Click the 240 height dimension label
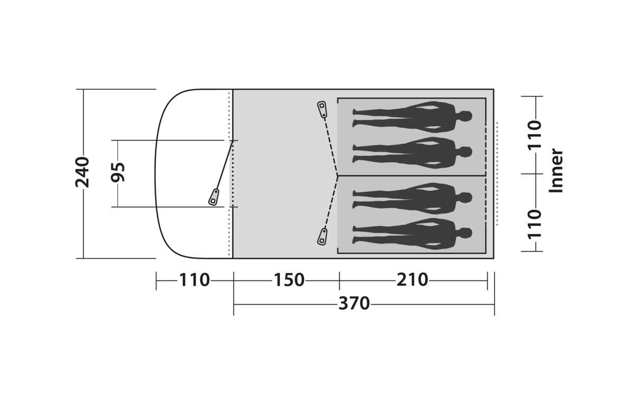(x=82, y=172)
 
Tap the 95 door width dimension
(x=118, y=172)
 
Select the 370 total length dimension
(x=354, y=304)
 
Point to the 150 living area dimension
(x=289, y=280)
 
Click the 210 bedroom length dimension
(x=413, y=280)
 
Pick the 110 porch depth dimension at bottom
(x=194, y=280)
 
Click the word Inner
(x=556, y=171)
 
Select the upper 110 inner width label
(x=535, y=135)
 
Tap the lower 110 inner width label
(x=535, y=224)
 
